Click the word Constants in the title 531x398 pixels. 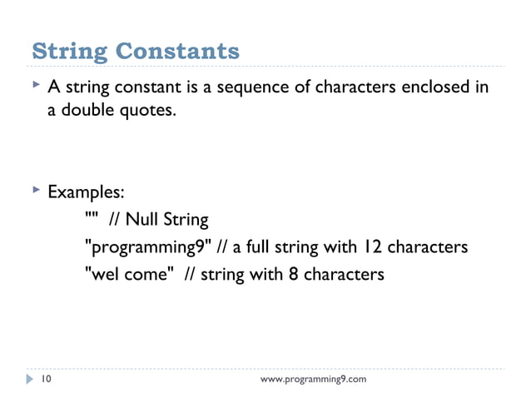[177, 52]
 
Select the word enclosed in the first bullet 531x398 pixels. [440, 87]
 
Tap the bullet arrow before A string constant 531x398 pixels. [34, 86]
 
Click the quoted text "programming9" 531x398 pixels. [146, 247]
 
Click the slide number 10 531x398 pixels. [47, 380]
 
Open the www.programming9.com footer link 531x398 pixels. [313, 381]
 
